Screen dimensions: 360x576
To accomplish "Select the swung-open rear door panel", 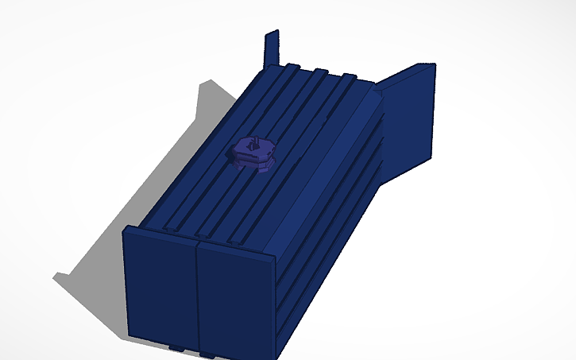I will [409, 119].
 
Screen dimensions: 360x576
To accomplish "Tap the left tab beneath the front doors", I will [176, 347].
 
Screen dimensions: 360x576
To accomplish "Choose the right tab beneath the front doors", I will [208, 352].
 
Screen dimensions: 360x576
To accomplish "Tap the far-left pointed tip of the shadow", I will [55, 277].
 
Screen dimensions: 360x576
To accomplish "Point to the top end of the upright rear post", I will [275, 33].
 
